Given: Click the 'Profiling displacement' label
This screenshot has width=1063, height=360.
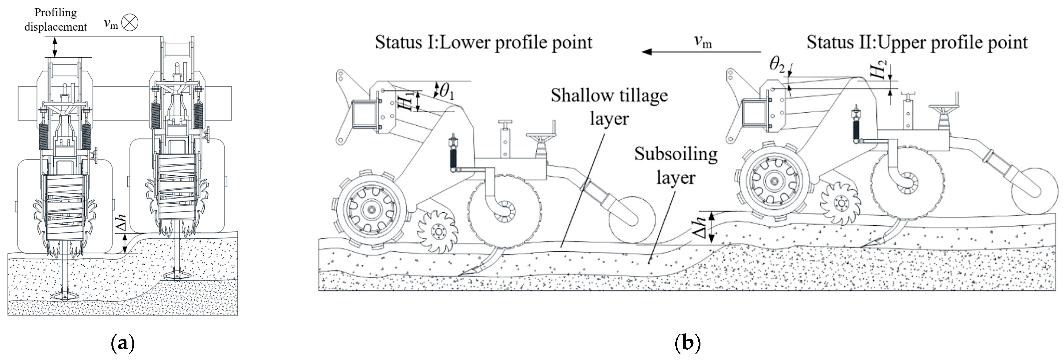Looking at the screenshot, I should click(x=56, y=20).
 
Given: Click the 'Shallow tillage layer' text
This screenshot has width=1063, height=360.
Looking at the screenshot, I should click(x=609, y=107).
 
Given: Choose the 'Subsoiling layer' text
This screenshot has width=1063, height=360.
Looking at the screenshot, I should click(x=676, y=165).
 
